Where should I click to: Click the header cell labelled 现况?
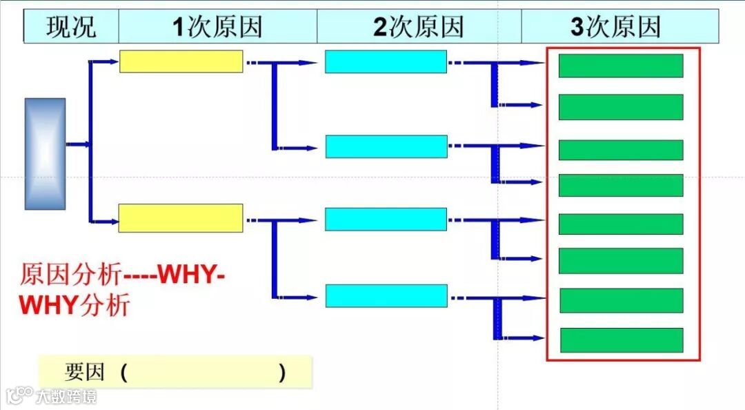click(71, 27)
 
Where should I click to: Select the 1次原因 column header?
click(217, 27)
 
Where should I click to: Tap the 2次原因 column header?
click(419, 27)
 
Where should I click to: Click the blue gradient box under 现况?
click(46, 153)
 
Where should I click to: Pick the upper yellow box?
click(181, 61)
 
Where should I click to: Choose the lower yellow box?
click(181, 218)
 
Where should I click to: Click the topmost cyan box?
click(386, 61)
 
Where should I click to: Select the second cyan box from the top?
click(386, 146)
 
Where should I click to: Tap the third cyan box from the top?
click(386, 219)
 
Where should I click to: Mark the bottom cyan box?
click(386, 295)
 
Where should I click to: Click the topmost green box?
click(621, 66)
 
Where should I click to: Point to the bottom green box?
click(622, 340)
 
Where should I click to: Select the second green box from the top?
click(621, 107)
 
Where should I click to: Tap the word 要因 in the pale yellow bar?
click(84, 373)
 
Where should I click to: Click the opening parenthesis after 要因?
click(123, 373)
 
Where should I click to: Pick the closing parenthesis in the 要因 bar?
click(282, 373)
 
